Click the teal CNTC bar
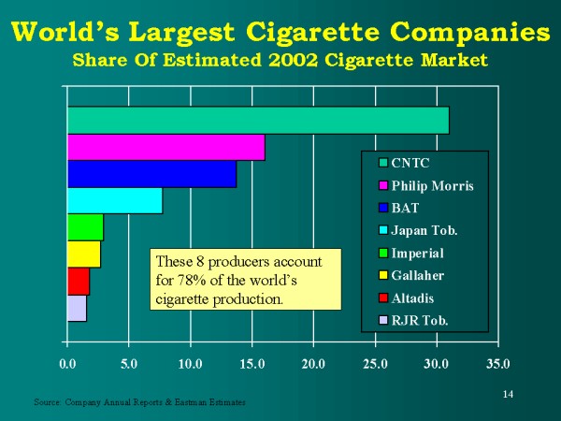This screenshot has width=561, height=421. [258, 121]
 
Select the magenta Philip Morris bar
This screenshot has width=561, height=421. [165, 148]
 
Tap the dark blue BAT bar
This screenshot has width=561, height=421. [151, 174]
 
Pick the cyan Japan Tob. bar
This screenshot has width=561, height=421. [114, 201]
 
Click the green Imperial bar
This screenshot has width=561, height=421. [85, 227]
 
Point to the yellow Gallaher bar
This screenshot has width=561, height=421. [83, 254]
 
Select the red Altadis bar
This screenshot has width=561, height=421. [79, 281]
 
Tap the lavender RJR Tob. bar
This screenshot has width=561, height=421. [77, 308]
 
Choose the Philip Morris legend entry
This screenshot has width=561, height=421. [424, 185]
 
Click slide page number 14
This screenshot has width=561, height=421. [508, 392]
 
